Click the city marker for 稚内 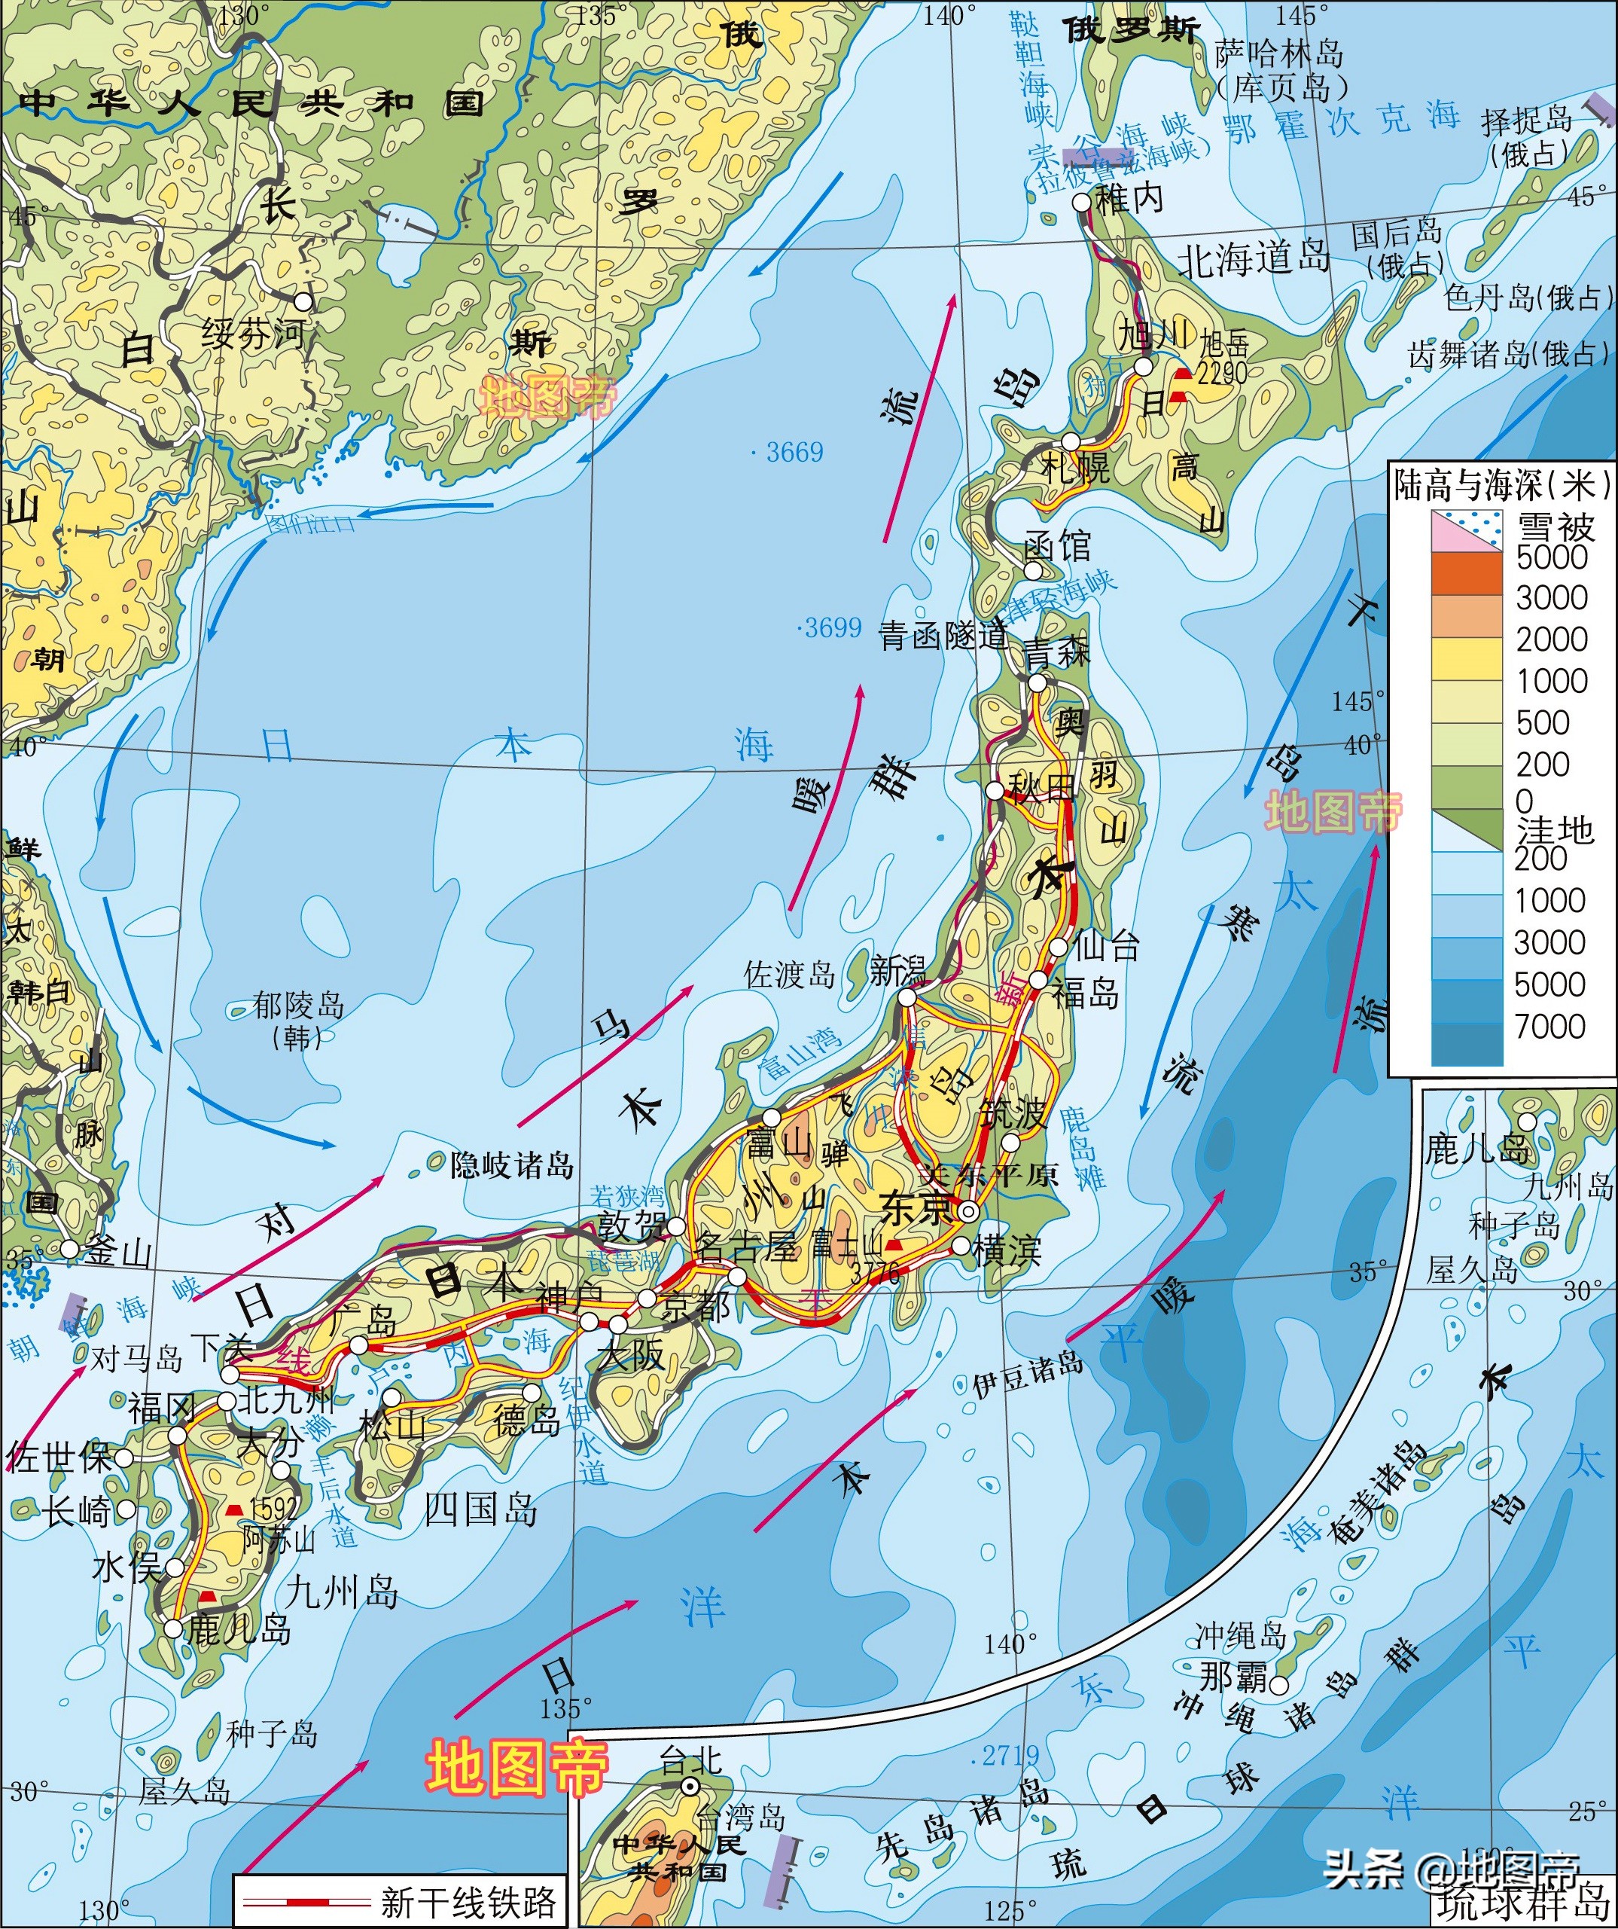pos(1082,201)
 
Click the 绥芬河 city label pos(252,332)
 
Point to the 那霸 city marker pos(1278,1686)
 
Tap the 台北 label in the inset pos(690,1760)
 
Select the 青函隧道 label pos(943,636)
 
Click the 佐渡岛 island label pos(789,975)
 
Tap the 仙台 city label pos(1107,945)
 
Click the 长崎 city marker pos(126,1509)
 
